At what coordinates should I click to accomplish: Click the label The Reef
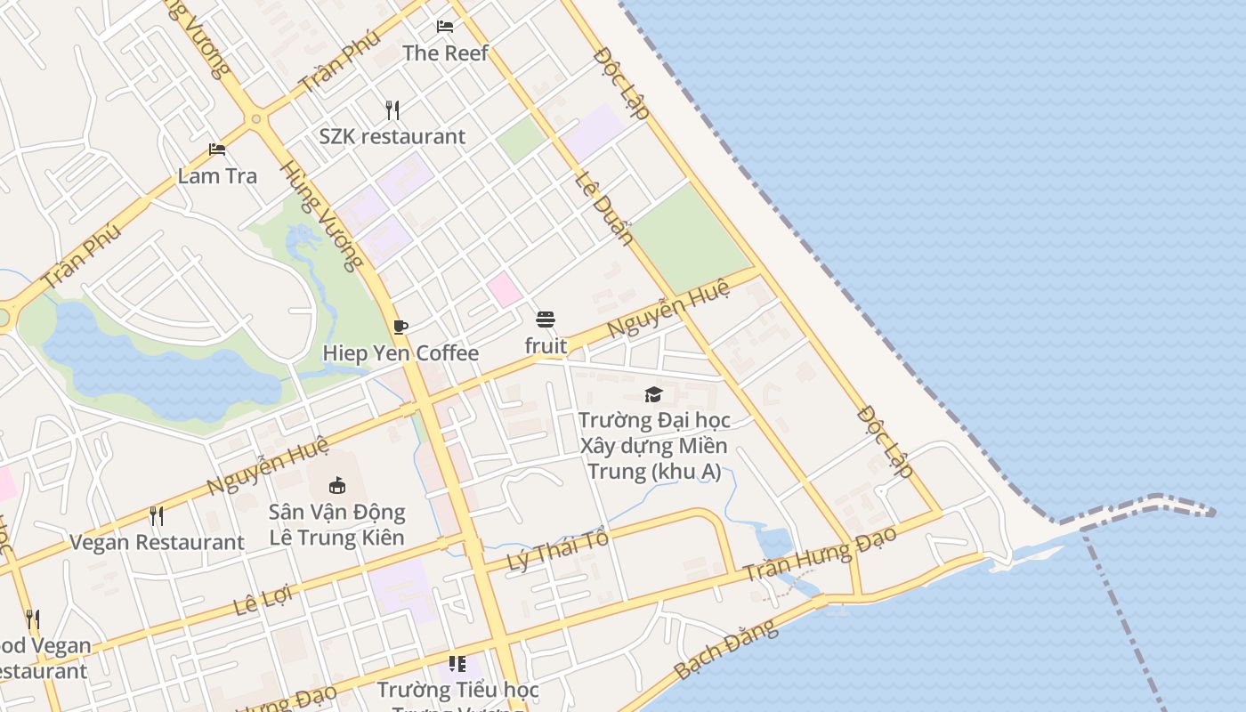pos(445,53)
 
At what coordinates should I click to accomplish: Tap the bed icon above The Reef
pos(445,27)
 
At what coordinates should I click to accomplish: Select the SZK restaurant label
pos(392,137)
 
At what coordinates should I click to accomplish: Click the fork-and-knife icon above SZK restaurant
pos(392,109)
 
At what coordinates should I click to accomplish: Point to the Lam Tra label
pos(217,176)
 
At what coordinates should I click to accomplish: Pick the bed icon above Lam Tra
pos(217,149)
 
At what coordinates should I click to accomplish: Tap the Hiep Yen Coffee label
pos(400,353)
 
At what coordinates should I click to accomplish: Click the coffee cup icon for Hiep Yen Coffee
pos(400,327)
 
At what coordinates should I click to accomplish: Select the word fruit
pos(546,345)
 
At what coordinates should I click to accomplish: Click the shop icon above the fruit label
pos(546,320)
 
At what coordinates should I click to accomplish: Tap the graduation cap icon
pos(654,394)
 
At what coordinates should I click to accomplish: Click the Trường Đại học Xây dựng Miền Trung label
pos(654,445)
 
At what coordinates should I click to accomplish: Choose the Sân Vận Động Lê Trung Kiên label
pos(337,524)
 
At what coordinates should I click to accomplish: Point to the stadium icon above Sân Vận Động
pos(337,485)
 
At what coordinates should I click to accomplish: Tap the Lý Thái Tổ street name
pos(558,551)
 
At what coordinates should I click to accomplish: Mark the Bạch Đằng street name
pos(726,650)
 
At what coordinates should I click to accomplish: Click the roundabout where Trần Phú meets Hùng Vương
pos(256,118)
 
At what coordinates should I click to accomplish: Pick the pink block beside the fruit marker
pos(504,290)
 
